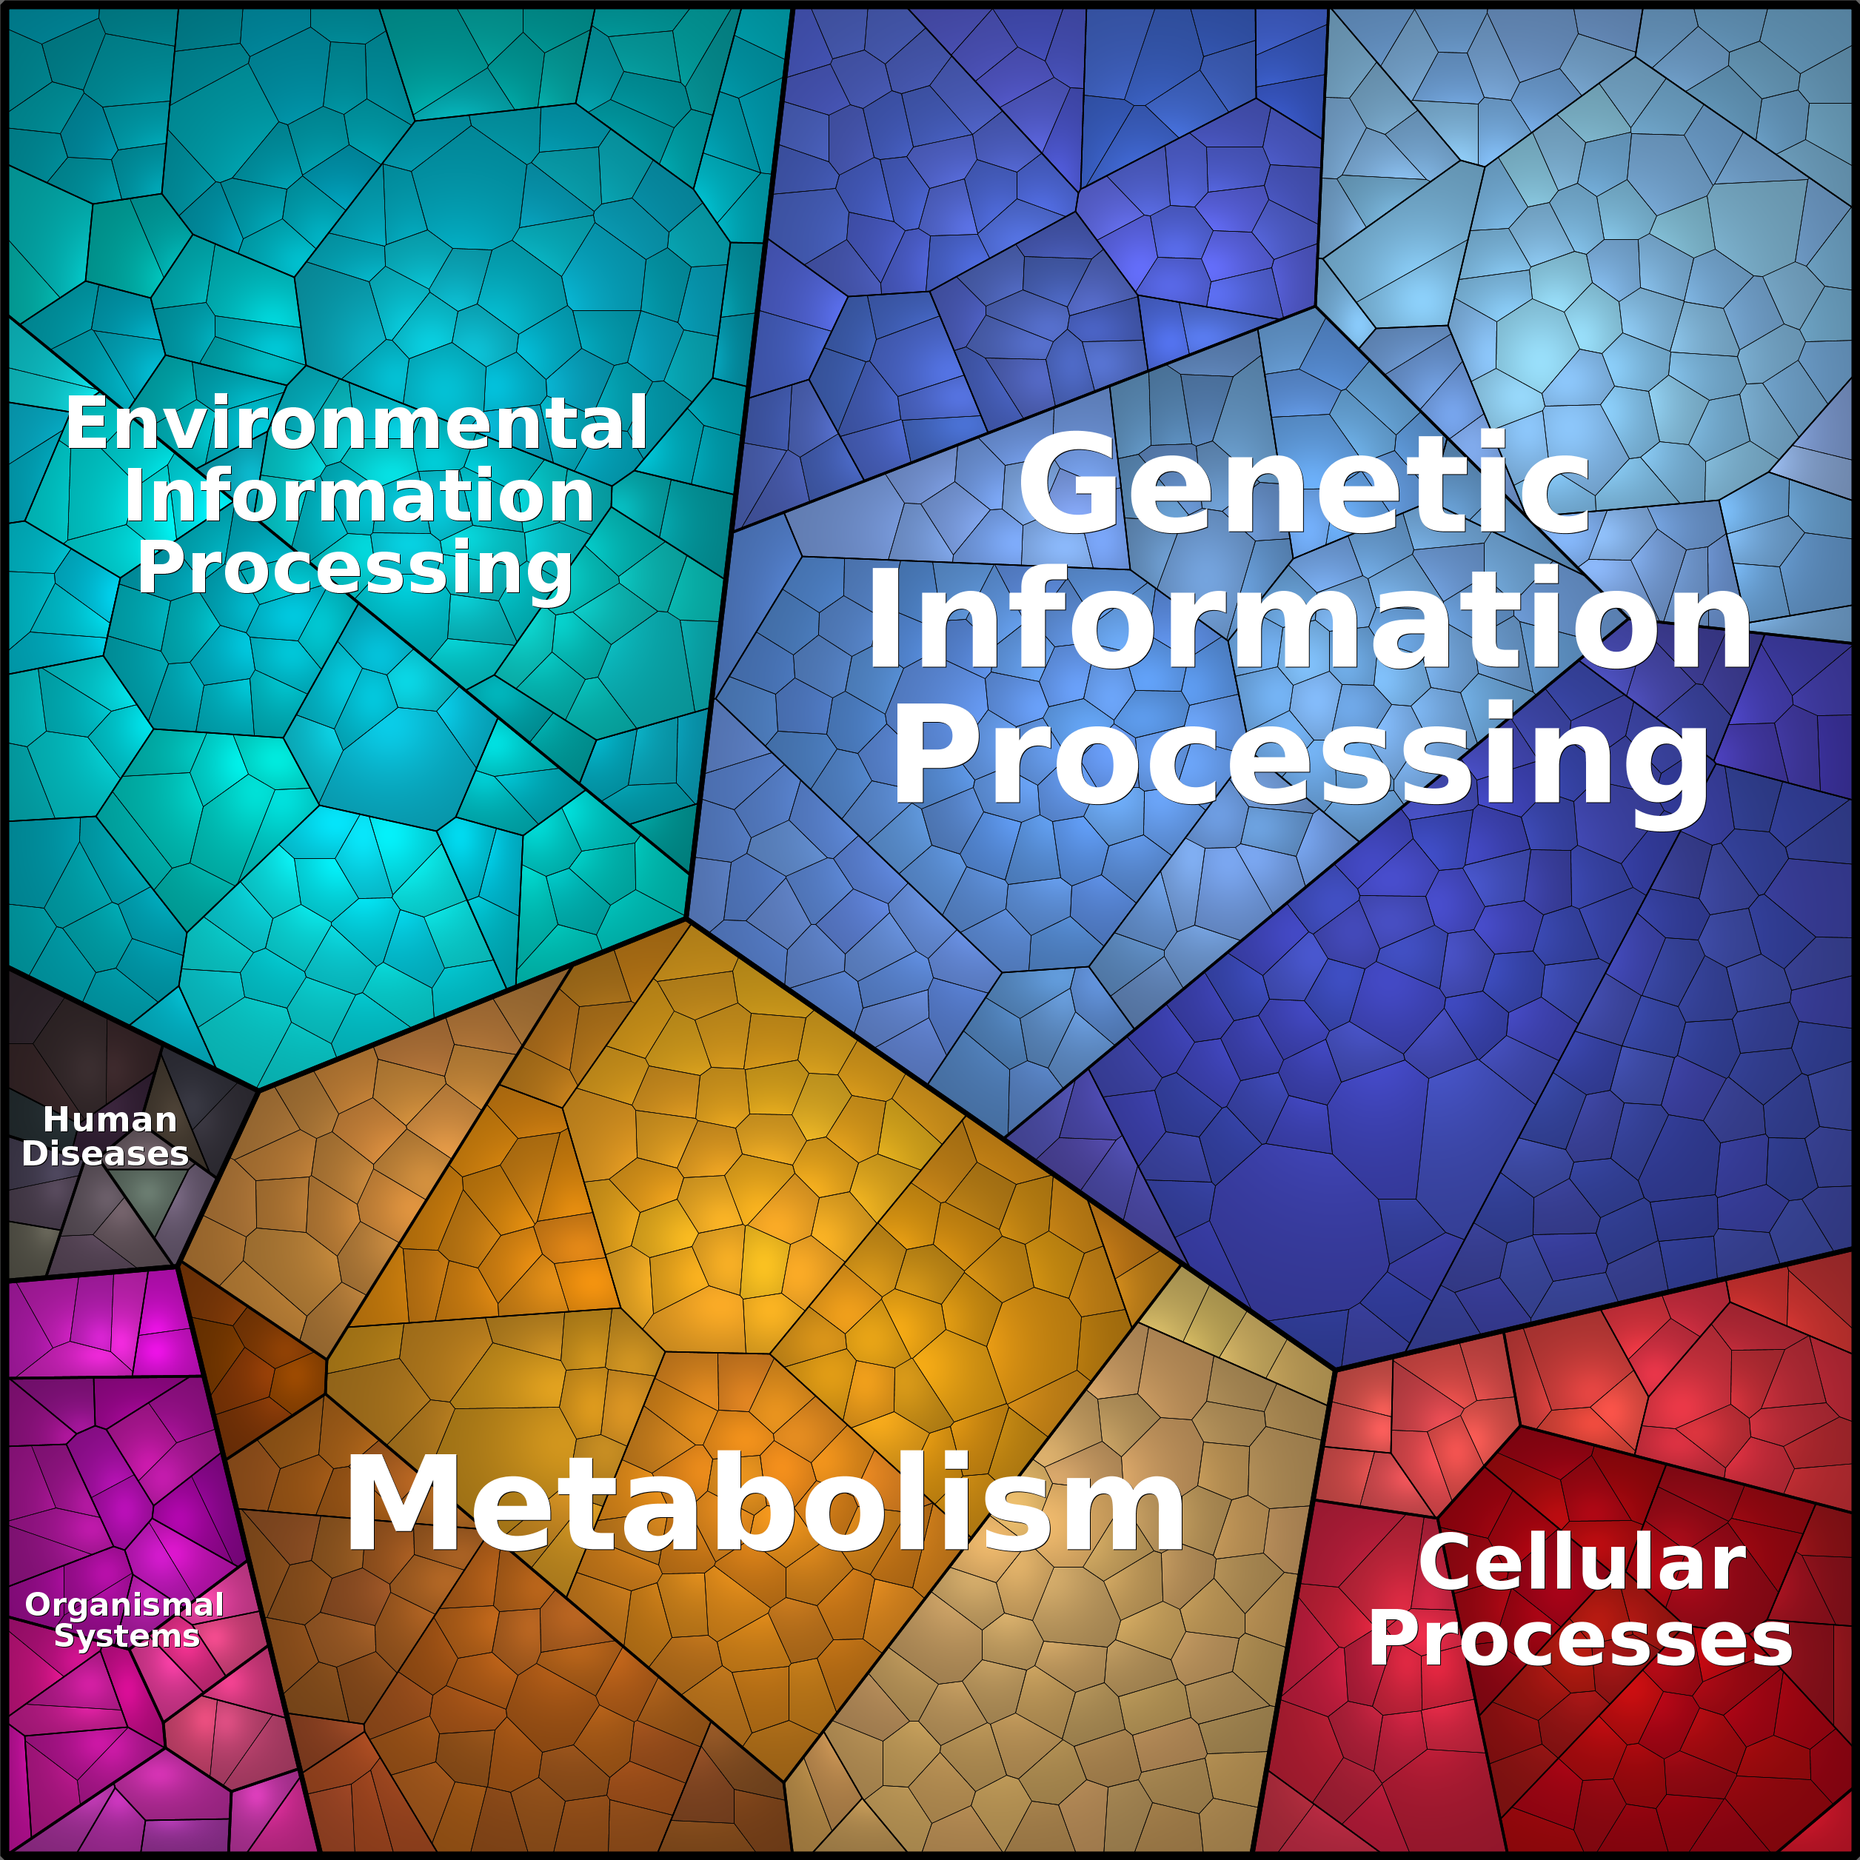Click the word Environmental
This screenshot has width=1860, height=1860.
[x=356, y=424]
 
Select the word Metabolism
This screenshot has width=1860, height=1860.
[x=766, y=1507]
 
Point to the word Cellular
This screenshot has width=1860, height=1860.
[x=1582, y=1562]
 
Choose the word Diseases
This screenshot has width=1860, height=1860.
[x=105, y=1154]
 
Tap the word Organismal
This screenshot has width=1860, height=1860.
[x=124, y=1605]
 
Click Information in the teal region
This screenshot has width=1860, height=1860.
[x=359, y=496]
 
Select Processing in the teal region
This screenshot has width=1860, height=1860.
[x=355, y=568]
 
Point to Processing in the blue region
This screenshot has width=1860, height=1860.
[x=1299, y=756]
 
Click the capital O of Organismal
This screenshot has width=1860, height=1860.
[x=38, y=1605]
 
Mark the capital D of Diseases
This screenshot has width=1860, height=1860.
[x=34, y=1154]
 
